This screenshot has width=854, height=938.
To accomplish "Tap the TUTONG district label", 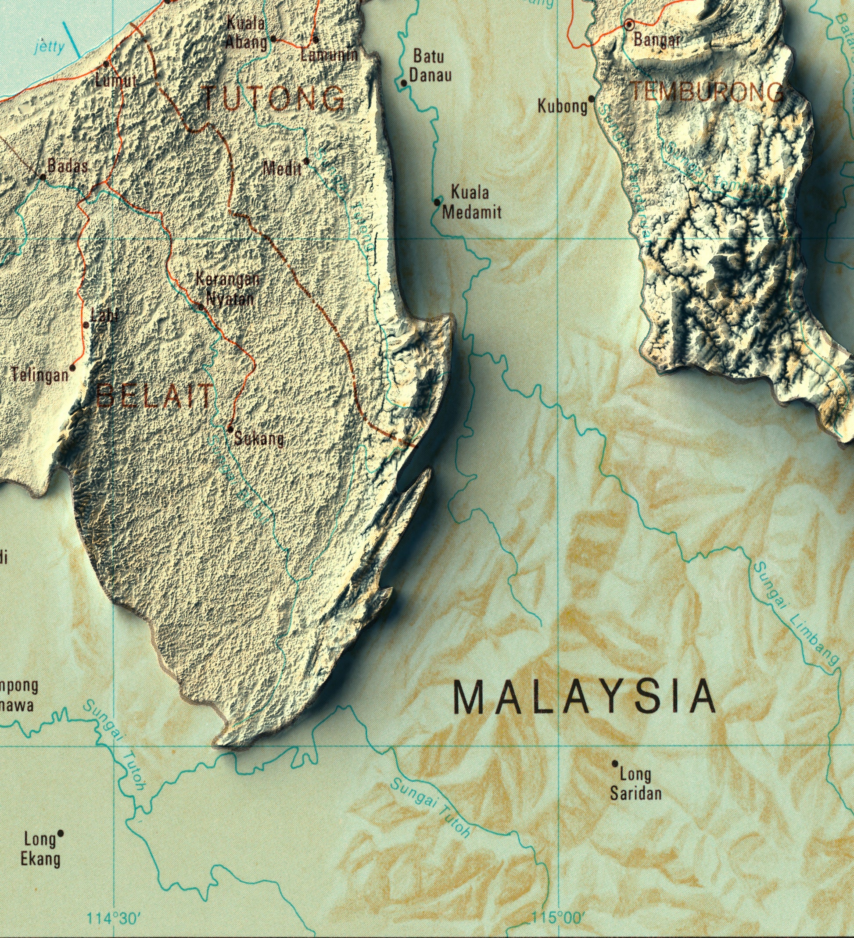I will [275, 99].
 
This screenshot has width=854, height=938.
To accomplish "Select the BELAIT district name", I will [154, 396].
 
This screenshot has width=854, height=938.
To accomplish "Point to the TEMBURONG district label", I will [707, 92].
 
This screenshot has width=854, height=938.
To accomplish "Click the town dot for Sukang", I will [230, 428].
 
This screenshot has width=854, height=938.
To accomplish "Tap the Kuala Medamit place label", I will [471, 203].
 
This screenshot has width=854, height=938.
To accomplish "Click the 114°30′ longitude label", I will [114, 918].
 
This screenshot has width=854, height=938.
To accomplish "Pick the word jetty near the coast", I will [49, 47].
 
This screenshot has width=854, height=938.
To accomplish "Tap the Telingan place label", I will [39, 375].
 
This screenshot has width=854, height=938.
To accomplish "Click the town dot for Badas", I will [43, 176].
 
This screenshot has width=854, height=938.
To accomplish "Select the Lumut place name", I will [115, 81].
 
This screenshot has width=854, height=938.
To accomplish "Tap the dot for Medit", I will [306, 161].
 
